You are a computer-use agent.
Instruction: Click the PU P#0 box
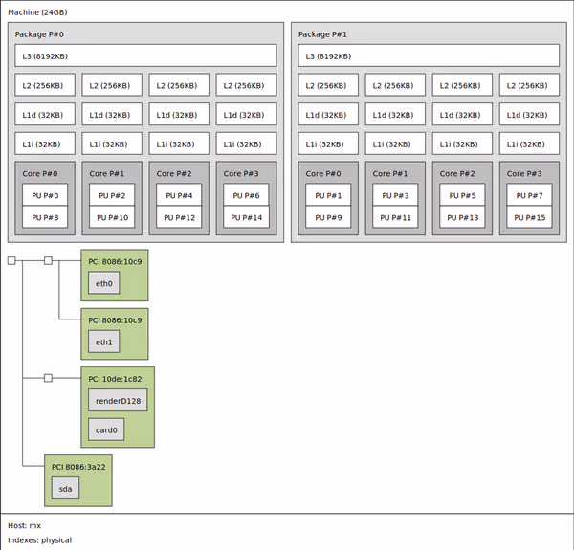[45, 195]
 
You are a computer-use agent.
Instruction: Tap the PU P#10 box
[112, 217]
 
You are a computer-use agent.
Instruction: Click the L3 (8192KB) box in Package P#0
[145, 55]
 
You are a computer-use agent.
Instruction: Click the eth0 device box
[103, 284]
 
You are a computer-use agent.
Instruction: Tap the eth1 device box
[103, 342]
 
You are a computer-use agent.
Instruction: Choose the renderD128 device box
[118, 400]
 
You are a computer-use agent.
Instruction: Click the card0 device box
[106, 430]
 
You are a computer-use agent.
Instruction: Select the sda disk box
[65, 489]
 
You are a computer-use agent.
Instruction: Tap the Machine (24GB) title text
[37, 12]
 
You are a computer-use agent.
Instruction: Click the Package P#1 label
[322, 34]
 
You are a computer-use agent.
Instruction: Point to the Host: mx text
[24, 525]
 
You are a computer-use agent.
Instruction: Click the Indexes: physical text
[39, 540]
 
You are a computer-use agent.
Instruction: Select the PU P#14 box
[246, 217]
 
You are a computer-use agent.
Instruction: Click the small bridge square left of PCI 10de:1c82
[48, 378]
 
